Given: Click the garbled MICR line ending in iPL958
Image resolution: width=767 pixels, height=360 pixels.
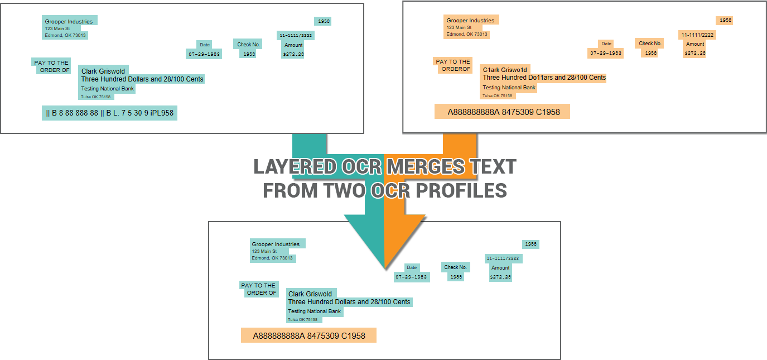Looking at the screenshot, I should (x=109, y=113).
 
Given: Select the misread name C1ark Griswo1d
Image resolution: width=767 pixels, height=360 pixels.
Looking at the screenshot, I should (x=505, y=70).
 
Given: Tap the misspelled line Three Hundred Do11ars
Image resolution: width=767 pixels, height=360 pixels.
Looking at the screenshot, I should (x=544, y=78).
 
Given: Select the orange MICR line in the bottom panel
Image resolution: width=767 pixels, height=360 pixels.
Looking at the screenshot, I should (x=308, y=335).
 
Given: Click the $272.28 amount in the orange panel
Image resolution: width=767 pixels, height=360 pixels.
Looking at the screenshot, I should (x=695, y=53).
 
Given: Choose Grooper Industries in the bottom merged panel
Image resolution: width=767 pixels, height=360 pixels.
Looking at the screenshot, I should (x=276, y=244).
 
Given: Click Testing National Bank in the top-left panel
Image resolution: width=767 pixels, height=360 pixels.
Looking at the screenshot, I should (x=108, y=88).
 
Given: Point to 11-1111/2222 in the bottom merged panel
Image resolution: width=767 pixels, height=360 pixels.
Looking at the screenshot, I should (x=503, y=258).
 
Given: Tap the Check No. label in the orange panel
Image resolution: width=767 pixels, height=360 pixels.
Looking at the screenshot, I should (x=650, y=43).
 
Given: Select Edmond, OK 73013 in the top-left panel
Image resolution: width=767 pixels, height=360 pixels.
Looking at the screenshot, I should (x=66, y=35).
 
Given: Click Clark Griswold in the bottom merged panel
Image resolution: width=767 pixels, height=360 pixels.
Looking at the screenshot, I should (x=310, y=294).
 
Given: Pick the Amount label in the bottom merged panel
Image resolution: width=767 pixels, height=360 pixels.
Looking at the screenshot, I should (x=500, y=268).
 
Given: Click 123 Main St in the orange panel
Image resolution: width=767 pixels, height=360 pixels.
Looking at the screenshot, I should (x=459, y=27).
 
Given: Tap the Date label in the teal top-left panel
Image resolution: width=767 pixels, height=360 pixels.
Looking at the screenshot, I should (x=205, y=45).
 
